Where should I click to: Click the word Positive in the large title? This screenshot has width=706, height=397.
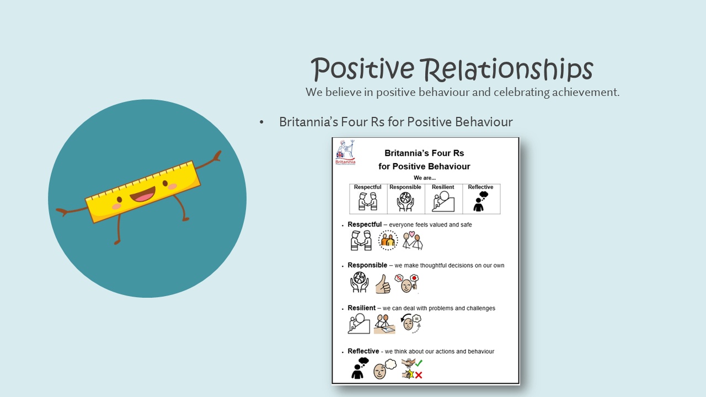[x=362, y=69]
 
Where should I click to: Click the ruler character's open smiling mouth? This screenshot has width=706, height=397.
[x=143, y=194]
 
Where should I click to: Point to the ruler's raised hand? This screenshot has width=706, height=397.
[x=217, y=155]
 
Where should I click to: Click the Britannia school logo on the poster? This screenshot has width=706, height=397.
[x=345, y=153]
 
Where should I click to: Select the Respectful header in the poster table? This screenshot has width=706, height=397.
[x=367, y=187]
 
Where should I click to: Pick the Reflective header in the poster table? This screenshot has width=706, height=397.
[x=480, y=187]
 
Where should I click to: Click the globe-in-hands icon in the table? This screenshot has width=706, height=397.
[x=405, y=202]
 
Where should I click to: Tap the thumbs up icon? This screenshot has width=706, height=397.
[x=383, y=284]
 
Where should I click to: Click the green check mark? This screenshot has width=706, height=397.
[x=419, y=363]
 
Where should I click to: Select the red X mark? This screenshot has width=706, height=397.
[x=419, y=375]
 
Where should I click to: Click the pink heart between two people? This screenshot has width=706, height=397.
[x=411, y=234]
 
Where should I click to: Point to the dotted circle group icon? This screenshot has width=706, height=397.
[x=388, y=240]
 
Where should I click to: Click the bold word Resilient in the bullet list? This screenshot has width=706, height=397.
[x=361, y=308]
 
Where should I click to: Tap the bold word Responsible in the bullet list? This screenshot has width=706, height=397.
[x=367, y=265]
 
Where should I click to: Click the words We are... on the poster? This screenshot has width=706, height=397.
[x=425, y=178]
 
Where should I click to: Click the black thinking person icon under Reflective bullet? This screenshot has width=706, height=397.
[x=359, y=368]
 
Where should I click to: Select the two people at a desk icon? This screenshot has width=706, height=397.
[x=384, y=324]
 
